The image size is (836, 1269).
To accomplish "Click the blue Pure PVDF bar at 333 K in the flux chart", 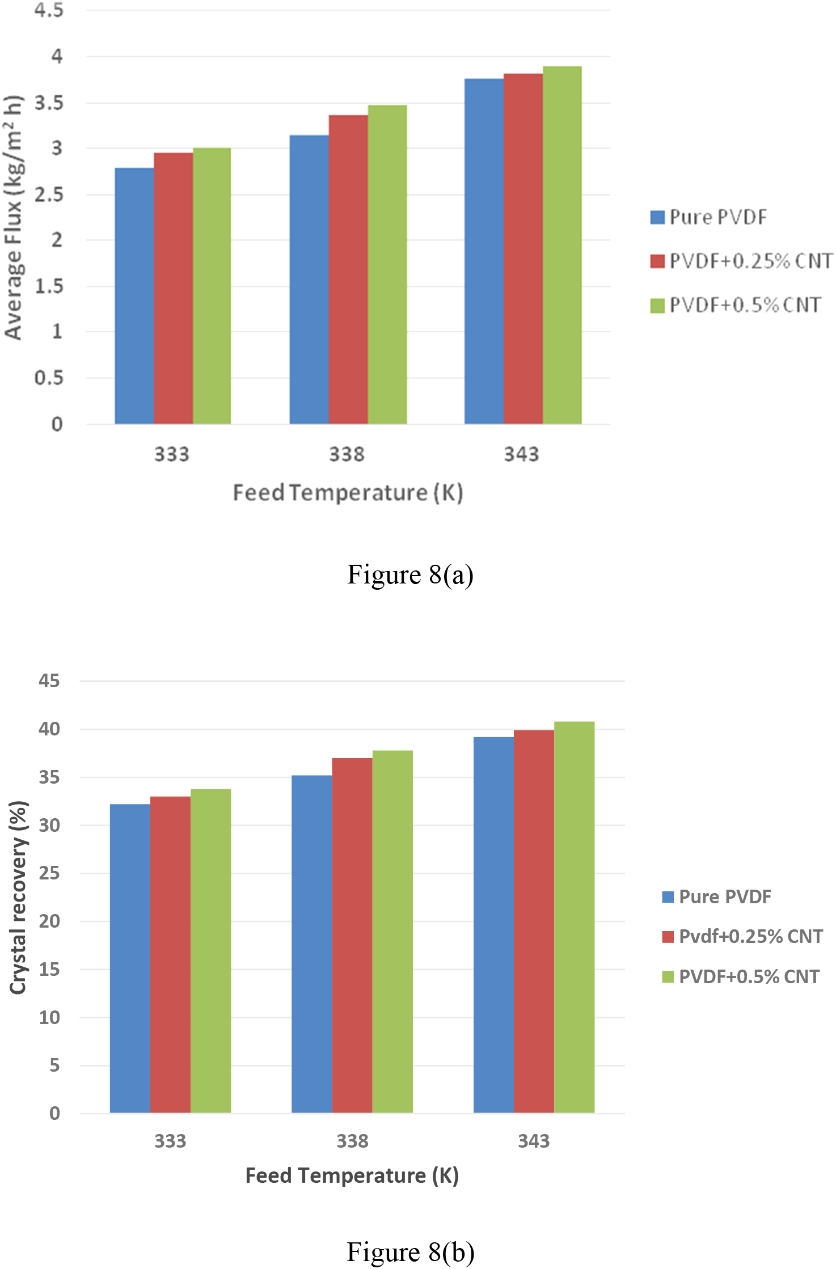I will [x=134, y=296].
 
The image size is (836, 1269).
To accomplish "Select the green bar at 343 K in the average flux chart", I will [x=562, y=245].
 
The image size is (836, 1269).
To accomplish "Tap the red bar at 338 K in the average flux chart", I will [x=348, y=269].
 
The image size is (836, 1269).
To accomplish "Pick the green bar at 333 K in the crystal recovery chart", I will [x=211, y=950].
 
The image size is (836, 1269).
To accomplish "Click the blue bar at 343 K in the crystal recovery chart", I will [x=493, y=924].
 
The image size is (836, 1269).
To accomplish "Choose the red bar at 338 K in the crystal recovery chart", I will [x=352, y=935].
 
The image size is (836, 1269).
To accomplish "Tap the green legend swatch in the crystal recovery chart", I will [x=668, y=976].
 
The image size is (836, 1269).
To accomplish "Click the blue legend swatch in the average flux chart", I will [x=657, y=217].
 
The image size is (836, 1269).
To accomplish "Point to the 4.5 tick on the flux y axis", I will [x=49, y=10].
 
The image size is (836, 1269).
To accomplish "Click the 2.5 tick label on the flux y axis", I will [x=49, y=194].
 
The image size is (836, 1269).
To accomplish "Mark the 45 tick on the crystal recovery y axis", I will [x=49, y=680].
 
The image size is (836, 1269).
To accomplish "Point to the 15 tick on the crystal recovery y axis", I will [x=49, y=969].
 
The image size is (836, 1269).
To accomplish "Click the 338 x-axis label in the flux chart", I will [x=347, y=454].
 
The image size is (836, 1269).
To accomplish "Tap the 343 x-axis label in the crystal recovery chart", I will [x=534, y=1140].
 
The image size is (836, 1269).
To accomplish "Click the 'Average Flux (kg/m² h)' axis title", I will [x=14, y=218].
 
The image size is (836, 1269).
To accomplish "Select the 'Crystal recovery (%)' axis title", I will [x=18, y=897].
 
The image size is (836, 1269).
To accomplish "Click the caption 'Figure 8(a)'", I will [x=410, y=574].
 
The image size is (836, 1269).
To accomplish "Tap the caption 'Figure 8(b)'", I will [x=410, y=1252].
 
